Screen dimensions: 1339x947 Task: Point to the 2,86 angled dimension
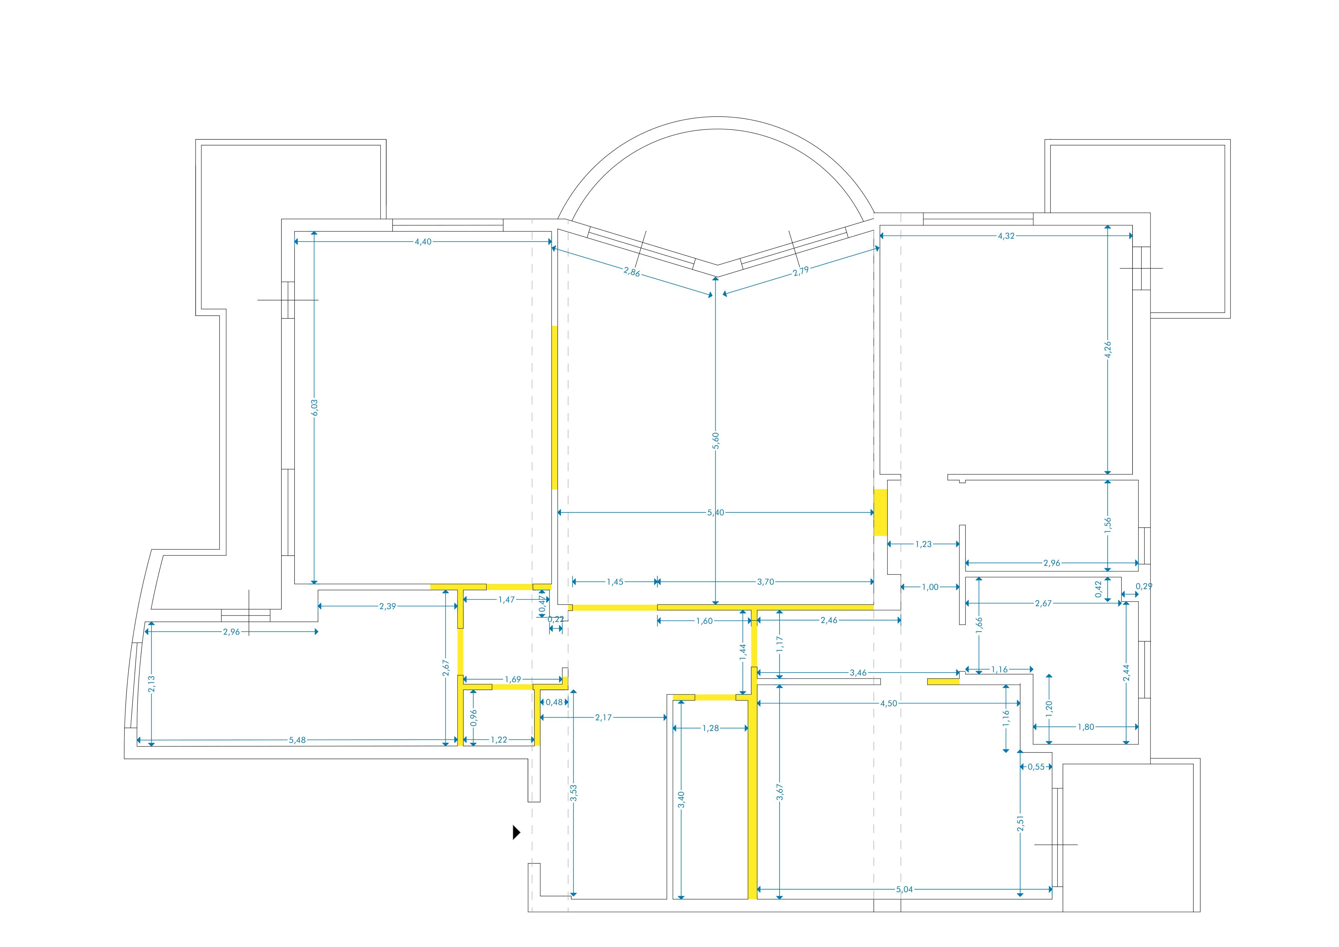click(632, 272)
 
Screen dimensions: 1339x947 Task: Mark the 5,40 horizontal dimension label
click(716, 513)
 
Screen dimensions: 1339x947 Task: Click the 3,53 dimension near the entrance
click(574, 793)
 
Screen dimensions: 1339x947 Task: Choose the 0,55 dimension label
click(1036, 767)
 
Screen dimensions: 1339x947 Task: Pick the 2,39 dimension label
click(387, 607)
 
